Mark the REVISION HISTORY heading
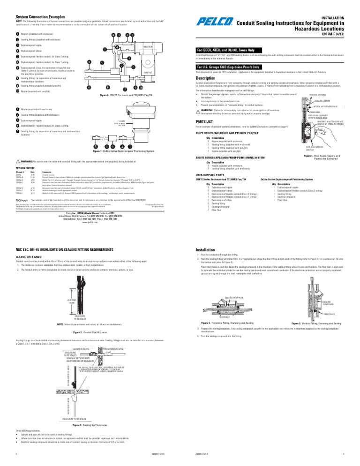point(26,167)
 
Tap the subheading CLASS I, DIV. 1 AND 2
point(31,258)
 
